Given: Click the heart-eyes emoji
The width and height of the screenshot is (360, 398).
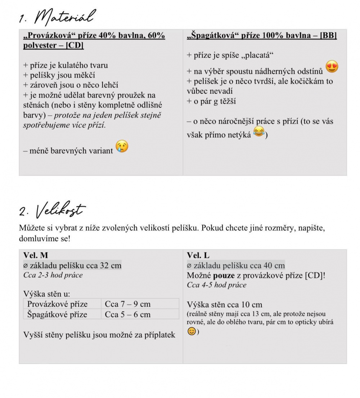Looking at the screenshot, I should pos(332,67).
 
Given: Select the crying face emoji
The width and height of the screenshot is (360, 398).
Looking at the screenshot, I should pos(122,147).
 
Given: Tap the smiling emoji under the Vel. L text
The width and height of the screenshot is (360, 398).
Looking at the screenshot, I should pos(192,331).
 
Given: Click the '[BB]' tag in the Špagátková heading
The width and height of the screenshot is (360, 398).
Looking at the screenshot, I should pos(328,36).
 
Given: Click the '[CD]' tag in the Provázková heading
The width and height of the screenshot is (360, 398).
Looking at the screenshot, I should pos(75,46).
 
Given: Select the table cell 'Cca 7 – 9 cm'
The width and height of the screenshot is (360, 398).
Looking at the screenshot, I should pos(128,304).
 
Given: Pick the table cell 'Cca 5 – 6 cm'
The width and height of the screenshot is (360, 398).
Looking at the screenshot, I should pos(128,314).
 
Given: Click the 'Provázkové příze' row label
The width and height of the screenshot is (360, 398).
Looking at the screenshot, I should pos(57,304).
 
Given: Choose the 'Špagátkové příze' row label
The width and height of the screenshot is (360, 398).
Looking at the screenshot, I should pos(57,314).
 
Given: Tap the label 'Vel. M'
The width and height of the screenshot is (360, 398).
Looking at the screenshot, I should pos(35,255).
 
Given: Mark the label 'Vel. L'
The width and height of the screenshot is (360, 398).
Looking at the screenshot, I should pos(198,255).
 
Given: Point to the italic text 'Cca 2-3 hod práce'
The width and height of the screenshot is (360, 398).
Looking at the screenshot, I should pos(53,275).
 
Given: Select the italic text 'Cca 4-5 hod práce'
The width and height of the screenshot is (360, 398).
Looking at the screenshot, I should pos(217,285).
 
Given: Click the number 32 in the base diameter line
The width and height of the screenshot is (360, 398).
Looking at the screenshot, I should pos(104,266).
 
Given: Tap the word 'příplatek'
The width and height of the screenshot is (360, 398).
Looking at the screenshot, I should pos(159,335).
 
